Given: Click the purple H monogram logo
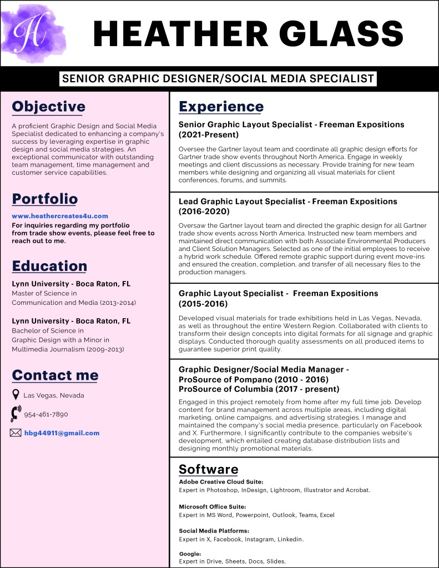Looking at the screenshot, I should (x=32, y=32).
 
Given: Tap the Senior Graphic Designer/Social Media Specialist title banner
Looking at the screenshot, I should (x=218, y=79).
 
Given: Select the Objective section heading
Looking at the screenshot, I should (x=49, y=107).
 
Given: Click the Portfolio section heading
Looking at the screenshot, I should (x=45, y=199).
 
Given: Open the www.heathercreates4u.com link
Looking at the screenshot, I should (x=60, y=216).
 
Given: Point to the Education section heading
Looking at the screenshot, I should (x=49, y=266).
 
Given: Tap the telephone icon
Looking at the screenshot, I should (x=16, y=414).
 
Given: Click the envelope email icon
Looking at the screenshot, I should (x=16, y=433).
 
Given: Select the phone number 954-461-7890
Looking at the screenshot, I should (x=46, y=414).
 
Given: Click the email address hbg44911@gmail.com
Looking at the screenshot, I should (x=62, y=433).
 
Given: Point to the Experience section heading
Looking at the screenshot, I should (x=221, y=107).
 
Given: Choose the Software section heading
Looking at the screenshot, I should (x=208, y=469).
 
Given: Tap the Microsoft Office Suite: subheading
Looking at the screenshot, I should (x=212, y=506).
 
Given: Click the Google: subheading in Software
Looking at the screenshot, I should (x=190, y=554).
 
